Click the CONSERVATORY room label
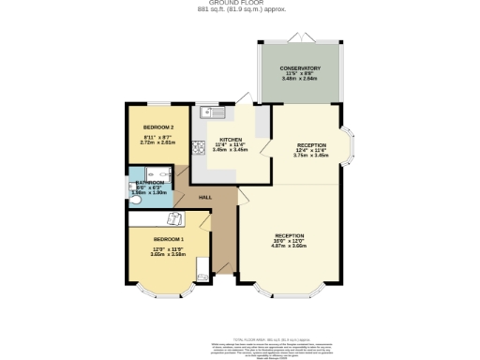[300, 68]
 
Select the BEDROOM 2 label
[157, 127]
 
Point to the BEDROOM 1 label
[169, 240]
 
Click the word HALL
[204, 198]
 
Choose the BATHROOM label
[150, 183]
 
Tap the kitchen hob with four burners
[198, 147]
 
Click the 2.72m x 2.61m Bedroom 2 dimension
[157, 144]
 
